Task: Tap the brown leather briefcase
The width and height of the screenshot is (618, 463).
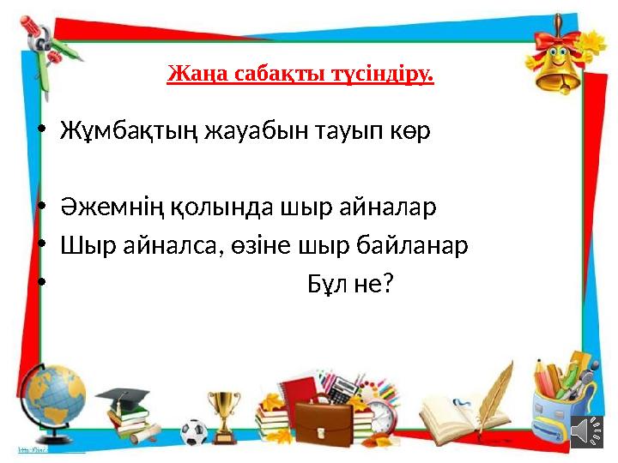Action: [x=324, y=419]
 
